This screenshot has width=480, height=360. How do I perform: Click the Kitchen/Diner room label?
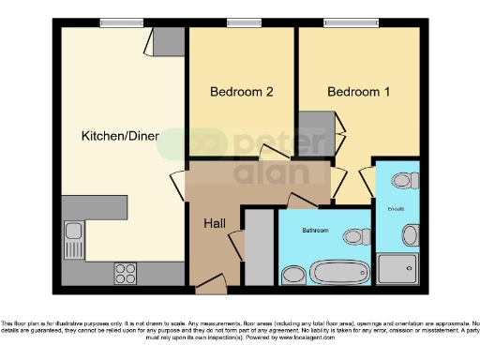tap(119, 136)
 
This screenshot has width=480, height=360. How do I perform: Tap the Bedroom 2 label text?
tap(241, 92)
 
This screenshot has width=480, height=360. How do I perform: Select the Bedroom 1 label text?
tap(359, 92)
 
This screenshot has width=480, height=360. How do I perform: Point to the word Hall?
tap(214, 224)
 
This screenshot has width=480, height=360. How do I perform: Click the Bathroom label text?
tap(315, 229)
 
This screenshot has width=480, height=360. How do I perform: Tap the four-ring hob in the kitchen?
tap(126, 272)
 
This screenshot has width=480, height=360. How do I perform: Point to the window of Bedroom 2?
tap(243, 23)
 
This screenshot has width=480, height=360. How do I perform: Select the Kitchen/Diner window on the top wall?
tap(115, 23)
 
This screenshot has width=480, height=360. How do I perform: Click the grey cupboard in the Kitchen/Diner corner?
tap(169, 42)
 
